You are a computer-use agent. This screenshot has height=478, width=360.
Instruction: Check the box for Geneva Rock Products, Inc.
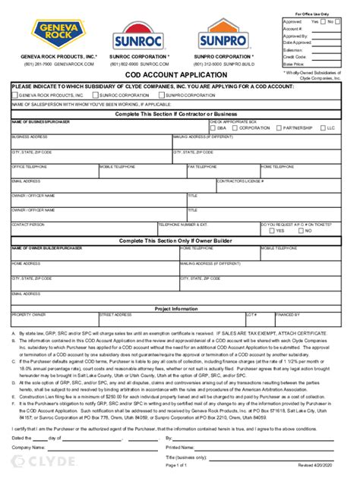click(x=14, y=96)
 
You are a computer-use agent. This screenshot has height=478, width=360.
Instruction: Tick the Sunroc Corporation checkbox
click(x=95, y=96)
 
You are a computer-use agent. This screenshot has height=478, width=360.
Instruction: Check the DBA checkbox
click(x=213, y=128)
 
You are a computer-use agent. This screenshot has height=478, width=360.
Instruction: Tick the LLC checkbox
click(x=324, y=128)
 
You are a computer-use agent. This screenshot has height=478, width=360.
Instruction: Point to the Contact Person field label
click(x=27, y=225)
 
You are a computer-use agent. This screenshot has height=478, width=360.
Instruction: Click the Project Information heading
click(x=176, y=309)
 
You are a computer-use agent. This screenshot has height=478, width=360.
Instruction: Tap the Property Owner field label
click(x=29, y=314)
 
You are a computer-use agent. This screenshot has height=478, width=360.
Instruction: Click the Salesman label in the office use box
click(x=292, y=48)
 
